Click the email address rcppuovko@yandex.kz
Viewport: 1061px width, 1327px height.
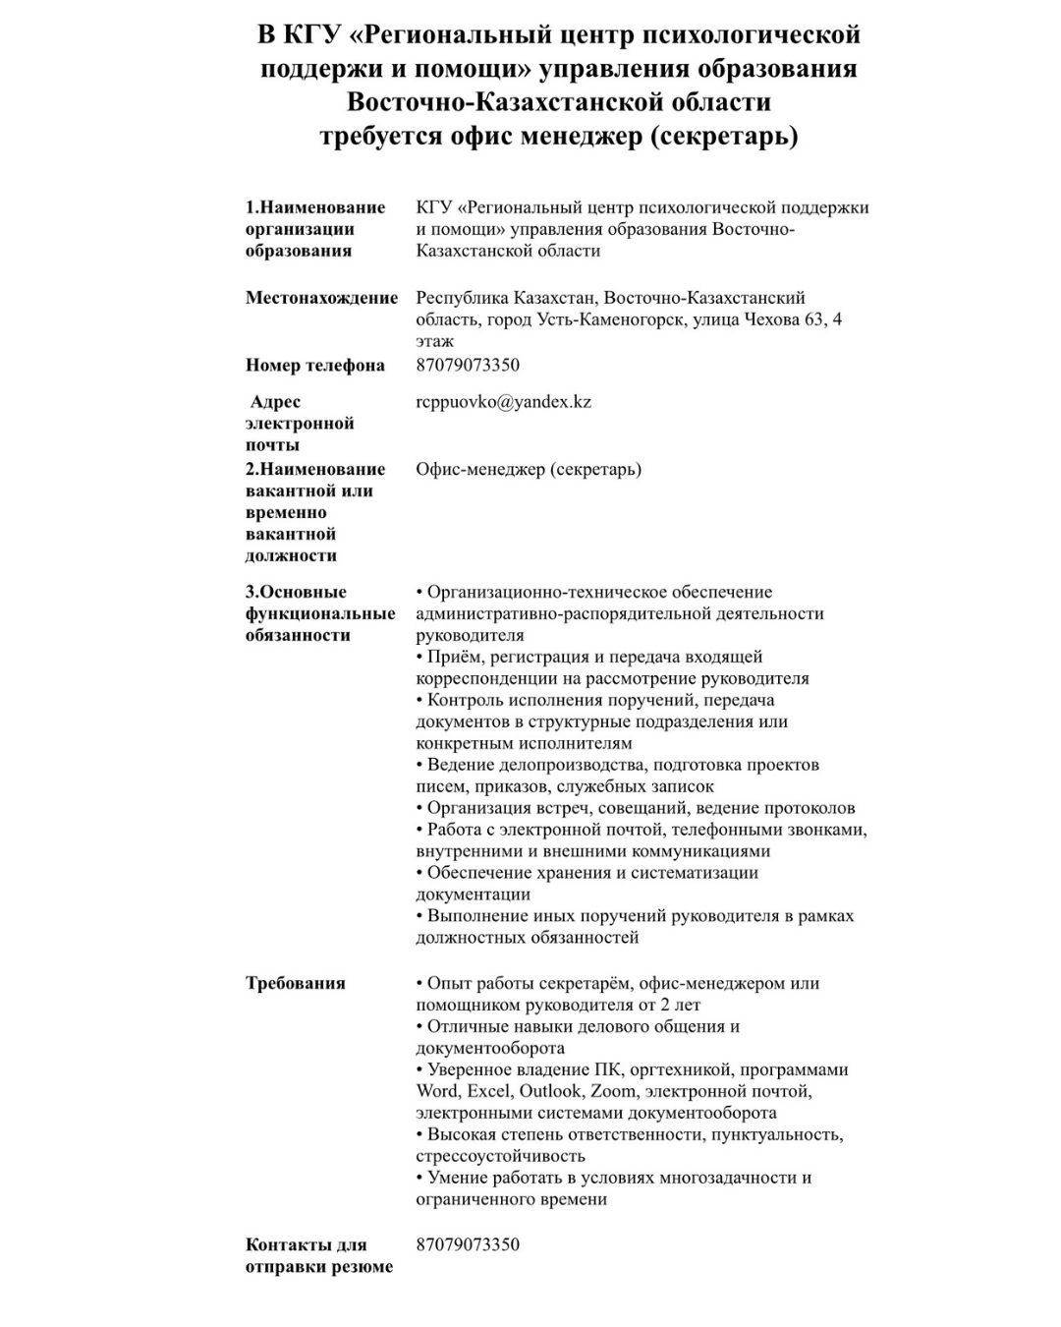tap(503, 402)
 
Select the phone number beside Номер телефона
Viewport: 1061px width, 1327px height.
tap(468, 366)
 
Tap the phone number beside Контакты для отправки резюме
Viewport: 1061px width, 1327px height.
tap(468, 1244)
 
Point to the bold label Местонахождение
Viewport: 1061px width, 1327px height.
tap(321, 298)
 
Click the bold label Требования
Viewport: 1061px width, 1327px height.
tap(295, 983)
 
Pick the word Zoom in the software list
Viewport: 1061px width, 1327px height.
tap(612, 1091)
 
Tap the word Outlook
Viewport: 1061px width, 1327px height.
tap(551, 1091)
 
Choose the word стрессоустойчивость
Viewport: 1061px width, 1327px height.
tap(500, 1156)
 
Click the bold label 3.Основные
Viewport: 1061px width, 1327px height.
tap(296, 592)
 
